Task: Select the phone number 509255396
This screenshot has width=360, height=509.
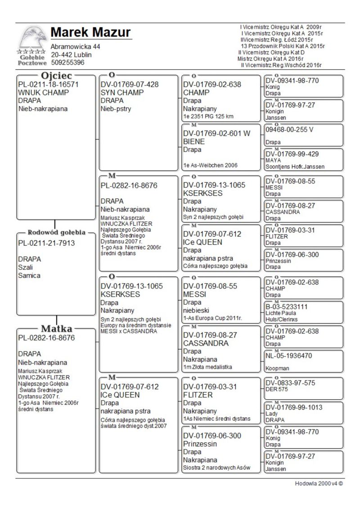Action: pos(67,63)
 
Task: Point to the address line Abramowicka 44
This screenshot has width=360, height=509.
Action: pos(75,47)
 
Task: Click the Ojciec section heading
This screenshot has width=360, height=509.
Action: pos(56,75)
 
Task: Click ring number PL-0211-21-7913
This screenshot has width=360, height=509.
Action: pos(46,243)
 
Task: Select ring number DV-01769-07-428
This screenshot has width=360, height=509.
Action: pos(130,84)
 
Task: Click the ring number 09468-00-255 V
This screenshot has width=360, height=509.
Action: pos(292,128)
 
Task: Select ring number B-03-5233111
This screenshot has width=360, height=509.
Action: pos(286,307)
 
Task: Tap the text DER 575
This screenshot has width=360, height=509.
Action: pos(275,390)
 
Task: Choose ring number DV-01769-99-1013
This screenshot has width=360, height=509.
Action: pos(293,408)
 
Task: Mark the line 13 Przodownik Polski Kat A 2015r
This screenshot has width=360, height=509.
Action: pos(283,46)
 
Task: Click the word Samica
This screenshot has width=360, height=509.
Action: pos(29,275)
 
